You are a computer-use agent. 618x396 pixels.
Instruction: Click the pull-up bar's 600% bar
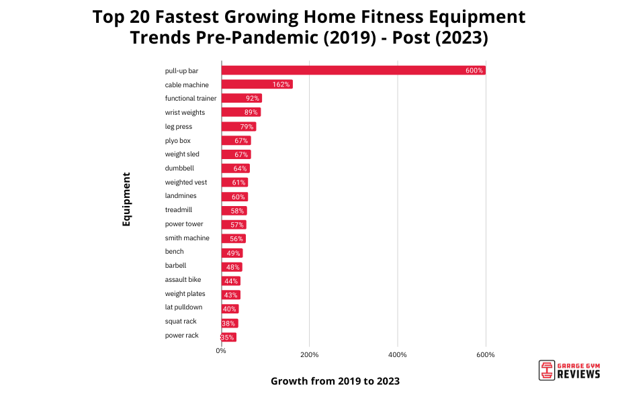(353, 70)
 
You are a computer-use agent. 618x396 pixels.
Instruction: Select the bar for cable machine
(257, 85)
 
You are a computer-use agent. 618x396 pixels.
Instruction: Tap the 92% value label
(253, 99)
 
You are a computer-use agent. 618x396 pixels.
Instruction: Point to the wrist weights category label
(185, 112)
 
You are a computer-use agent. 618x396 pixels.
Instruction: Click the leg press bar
(238, 127)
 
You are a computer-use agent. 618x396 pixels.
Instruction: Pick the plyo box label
(177, 140)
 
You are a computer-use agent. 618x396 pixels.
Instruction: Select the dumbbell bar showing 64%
(235, 168)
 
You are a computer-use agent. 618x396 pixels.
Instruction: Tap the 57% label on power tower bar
(236, 225)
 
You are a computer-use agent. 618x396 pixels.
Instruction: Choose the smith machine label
(187, 238)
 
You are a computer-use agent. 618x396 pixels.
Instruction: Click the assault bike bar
(230, 281)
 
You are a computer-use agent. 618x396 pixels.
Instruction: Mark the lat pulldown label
(183, 307)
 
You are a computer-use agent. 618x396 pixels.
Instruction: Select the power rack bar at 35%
(228, 337)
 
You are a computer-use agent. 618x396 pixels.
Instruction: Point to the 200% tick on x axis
(309, 354)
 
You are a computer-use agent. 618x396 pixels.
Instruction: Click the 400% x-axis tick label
(398, 354)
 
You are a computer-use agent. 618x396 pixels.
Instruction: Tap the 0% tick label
(221, 350)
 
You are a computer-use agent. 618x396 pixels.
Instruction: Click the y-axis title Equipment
(126, 199)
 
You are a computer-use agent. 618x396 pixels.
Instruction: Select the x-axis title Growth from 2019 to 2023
(335, 381)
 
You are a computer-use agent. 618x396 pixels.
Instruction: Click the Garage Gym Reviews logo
(569, 370)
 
